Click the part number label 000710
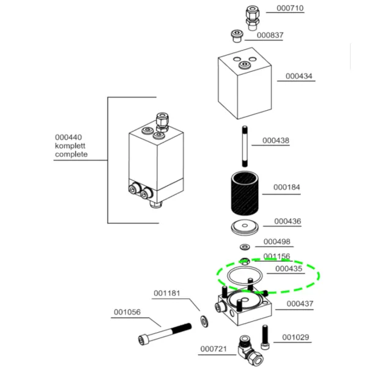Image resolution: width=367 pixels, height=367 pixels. (290, 8)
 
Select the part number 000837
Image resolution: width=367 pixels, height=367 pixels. (270, 35)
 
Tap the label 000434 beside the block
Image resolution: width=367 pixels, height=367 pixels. (298, 76)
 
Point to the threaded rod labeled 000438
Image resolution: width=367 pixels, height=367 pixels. (245, 147)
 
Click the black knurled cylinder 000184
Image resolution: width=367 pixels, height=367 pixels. (245, 193)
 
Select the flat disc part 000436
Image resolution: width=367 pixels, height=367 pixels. (245, 227)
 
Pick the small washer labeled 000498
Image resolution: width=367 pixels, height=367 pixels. (245, 247)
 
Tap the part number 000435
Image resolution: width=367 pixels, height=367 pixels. (289, 269)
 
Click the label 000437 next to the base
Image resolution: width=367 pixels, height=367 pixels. (300, 304)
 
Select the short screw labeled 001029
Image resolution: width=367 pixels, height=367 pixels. (265, 337)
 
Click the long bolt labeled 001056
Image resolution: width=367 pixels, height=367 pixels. (165, 334)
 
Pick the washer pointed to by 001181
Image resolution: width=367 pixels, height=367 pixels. (204, 322)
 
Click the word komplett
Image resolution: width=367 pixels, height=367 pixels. (70, 146)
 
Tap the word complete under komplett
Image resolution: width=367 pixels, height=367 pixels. (71, 154)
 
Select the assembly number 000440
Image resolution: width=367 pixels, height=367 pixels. (69, 138)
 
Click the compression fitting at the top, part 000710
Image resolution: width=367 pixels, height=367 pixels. (252, 18)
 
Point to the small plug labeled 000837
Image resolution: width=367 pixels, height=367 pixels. (237, 36)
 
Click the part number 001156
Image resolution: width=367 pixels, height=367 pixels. (276, 256)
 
